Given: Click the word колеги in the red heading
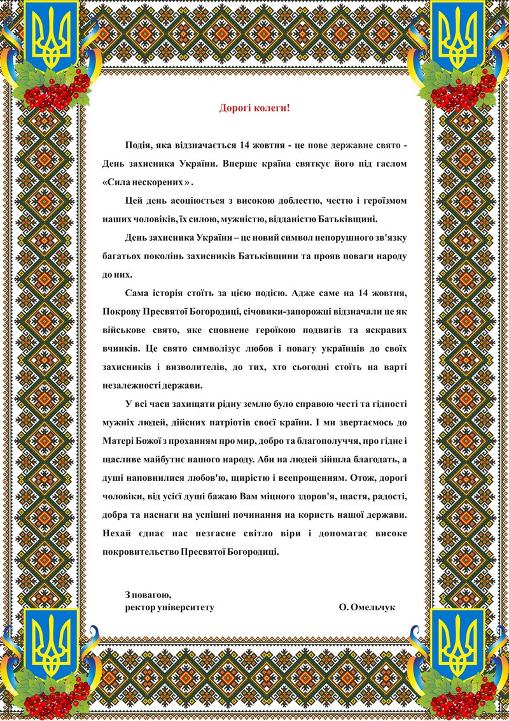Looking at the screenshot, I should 271,108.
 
